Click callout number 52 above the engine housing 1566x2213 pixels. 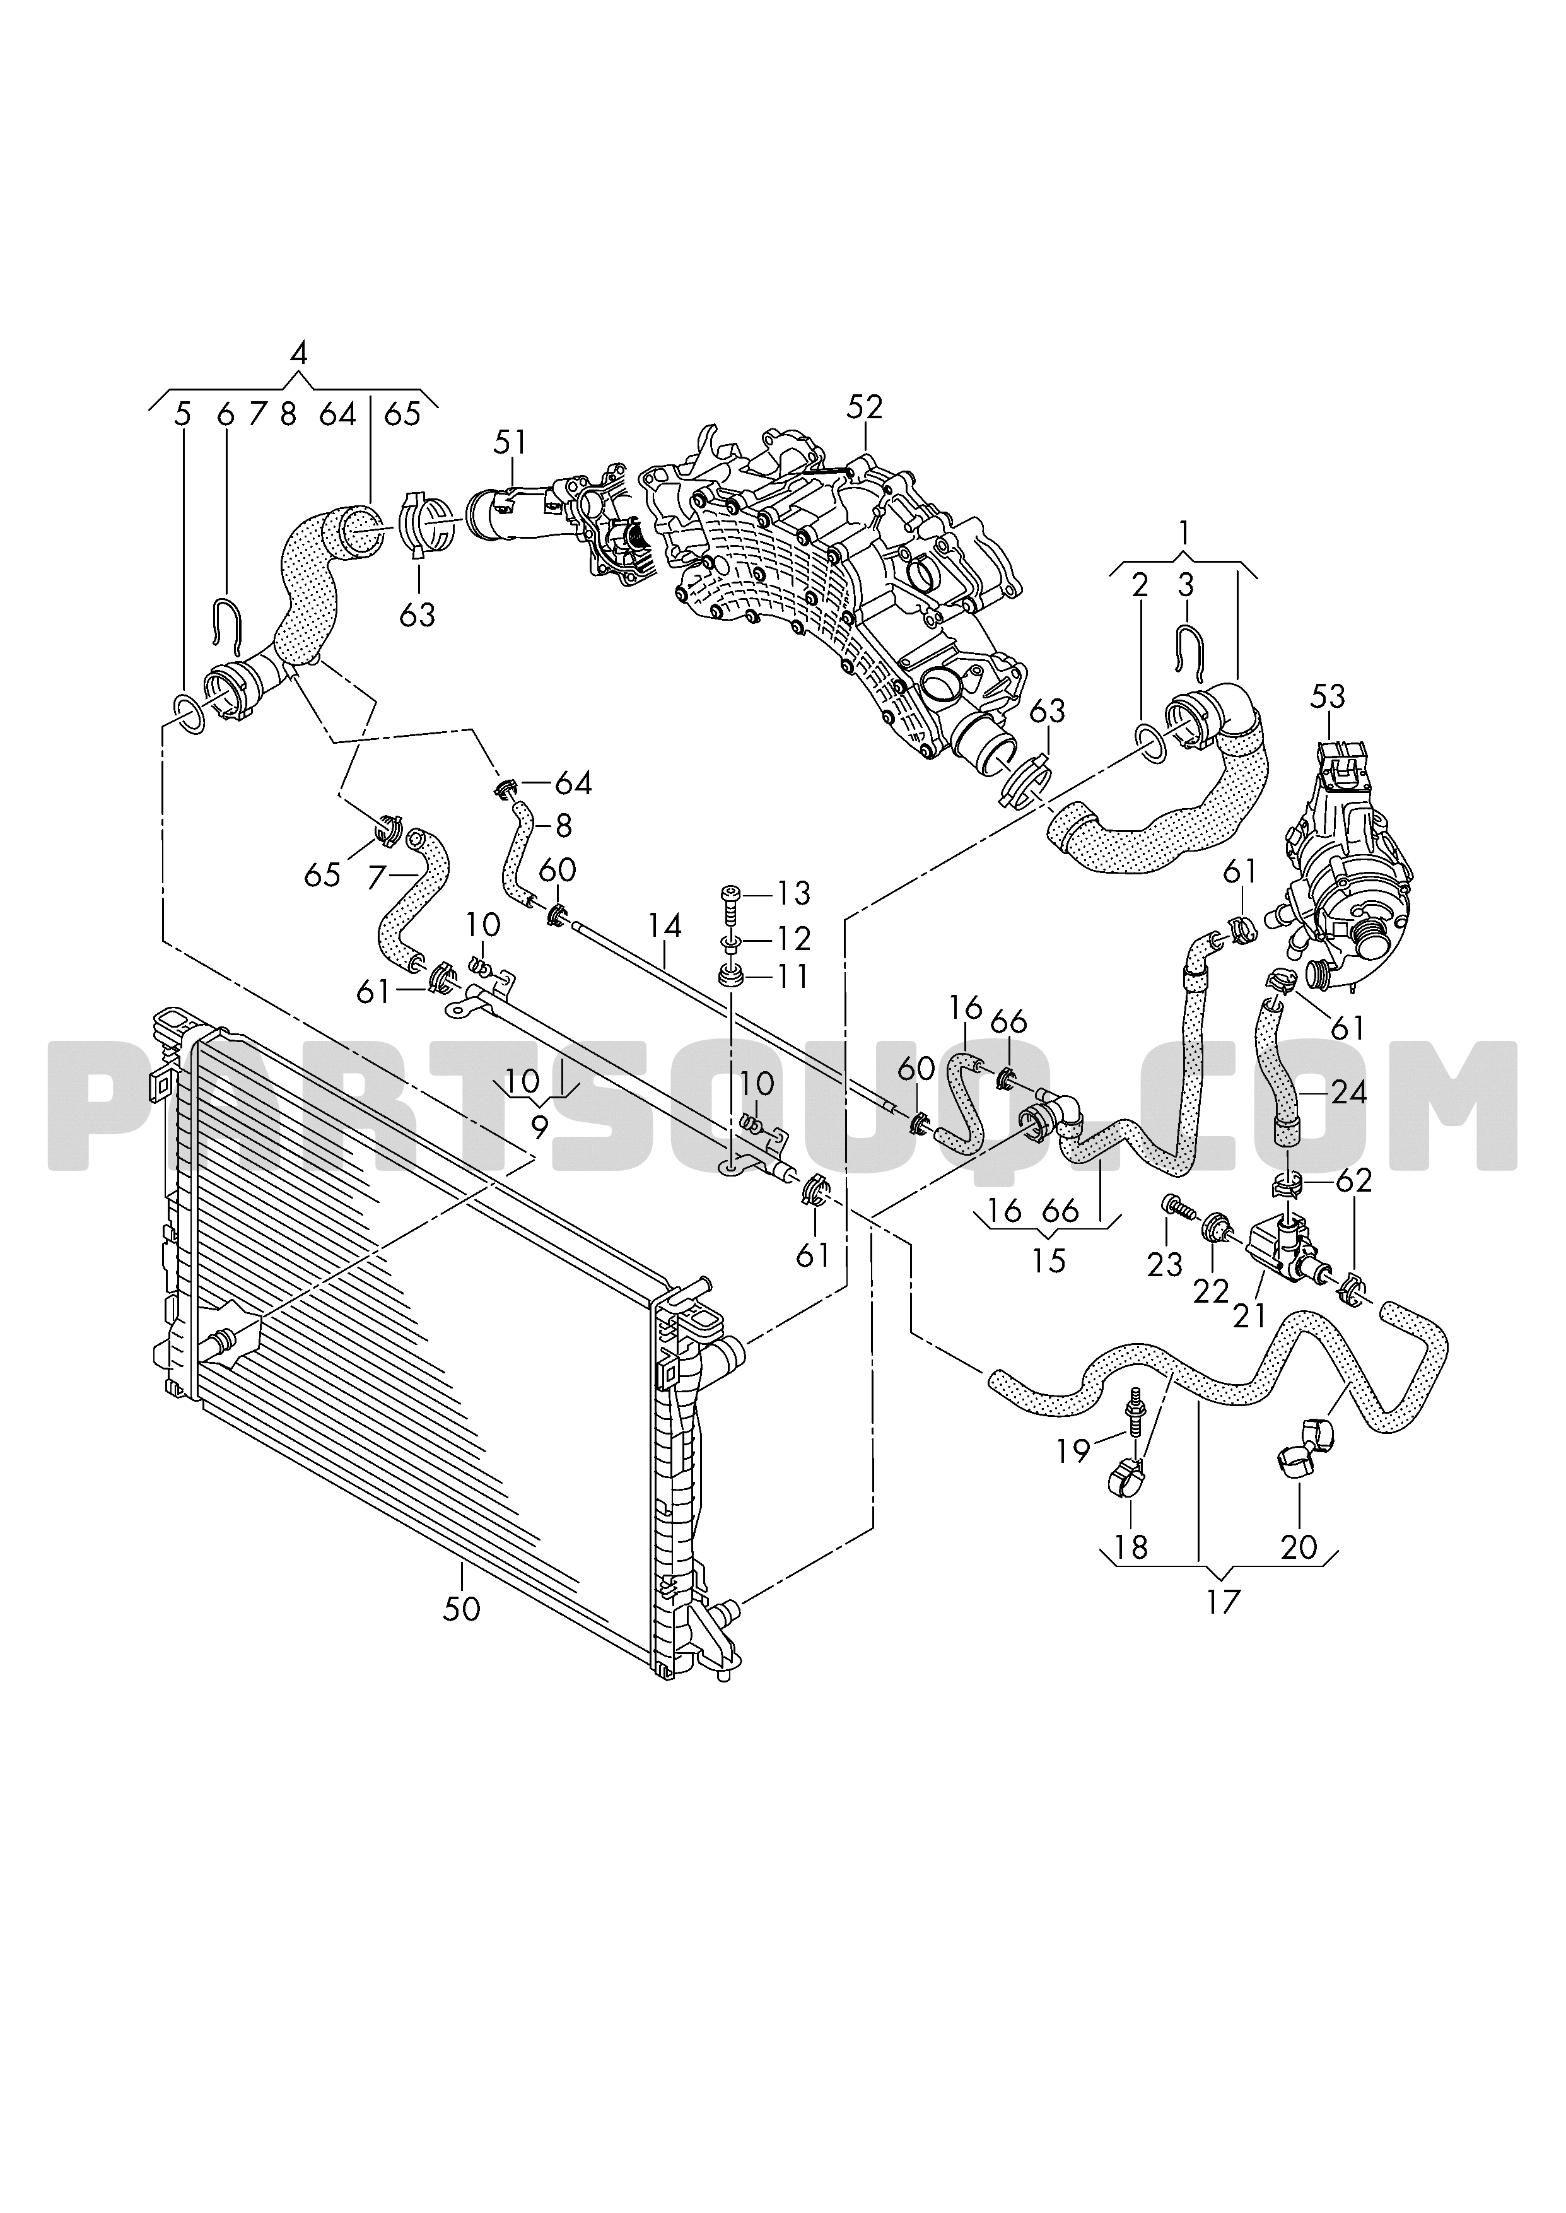tap(864, 407)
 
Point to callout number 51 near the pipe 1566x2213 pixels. tap(510, 443)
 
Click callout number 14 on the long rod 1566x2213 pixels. tap(664, 927)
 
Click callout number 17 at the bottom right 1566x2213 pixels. tap(1223, 1602)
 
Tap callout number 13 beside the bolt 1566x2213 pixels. tap(793, 893)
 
